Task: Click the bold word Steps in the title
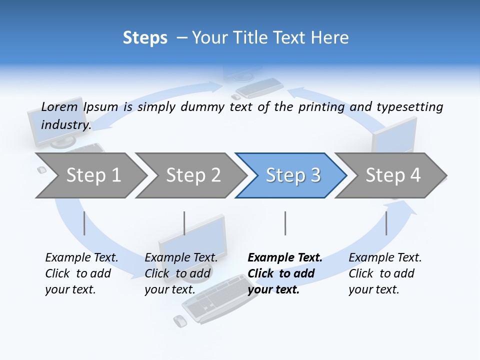[x=145, y=38]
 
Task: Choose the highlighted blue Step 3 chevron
[x=293, y=175]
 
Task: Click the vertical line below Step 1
[x=84, y=223]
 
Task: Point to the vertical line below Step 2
[x=184, y=223]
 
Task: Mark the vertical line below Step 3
[x=285, y=223]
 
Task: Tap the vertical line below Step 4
[x=386, y=223]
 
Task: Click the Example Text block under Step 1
[x=81, y=273]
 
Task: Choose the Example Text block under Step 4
[x=385, y=273]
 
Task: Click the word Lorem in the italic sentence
[x=59, y=107]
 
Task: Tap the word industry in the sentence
[x=65, y=125]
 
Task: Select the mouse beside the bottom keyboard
[x=179, y=321]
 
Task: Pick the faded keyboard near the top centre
[x=259, y=87]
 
